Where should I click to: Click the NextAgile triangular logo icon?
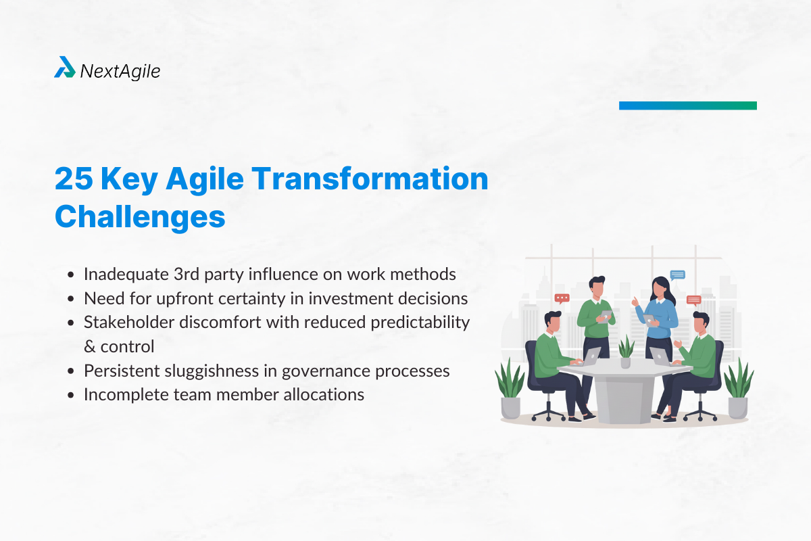point(65,68)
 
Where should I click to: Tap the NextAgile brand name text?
point(120,70)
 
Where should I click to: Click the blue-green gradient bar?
point(687,105)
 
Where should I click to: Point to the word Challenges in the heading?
point(139,218)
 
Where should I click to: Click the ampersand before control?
point(90,346)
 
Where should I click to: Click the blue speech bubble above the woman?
point(677,275)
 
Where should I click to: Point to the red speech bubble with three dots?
point(562,298)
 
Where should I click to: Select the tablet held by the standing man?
point(605,316)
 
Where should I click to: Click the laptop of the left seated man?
point(590,357)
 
